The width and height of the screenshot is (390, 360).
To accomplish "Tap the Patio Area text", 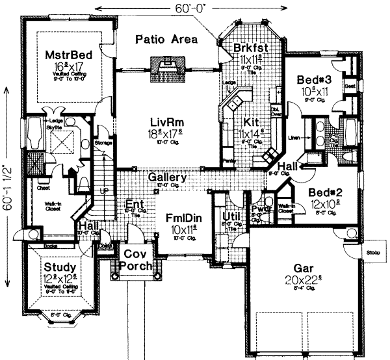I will point(166,40).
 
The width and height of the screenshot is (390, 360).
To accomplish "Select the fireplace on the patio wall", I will point(166,65).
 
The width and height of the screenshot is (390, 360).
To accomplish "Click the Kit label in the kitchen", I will point(251,122).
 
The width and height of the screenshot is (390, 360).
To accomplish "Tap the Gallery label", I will point(167,177).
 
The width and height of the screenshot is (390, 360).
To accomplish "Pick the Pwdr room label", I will point(261,210).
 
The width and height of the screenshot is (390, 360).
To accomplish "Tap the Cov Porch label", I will point(138,260).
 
